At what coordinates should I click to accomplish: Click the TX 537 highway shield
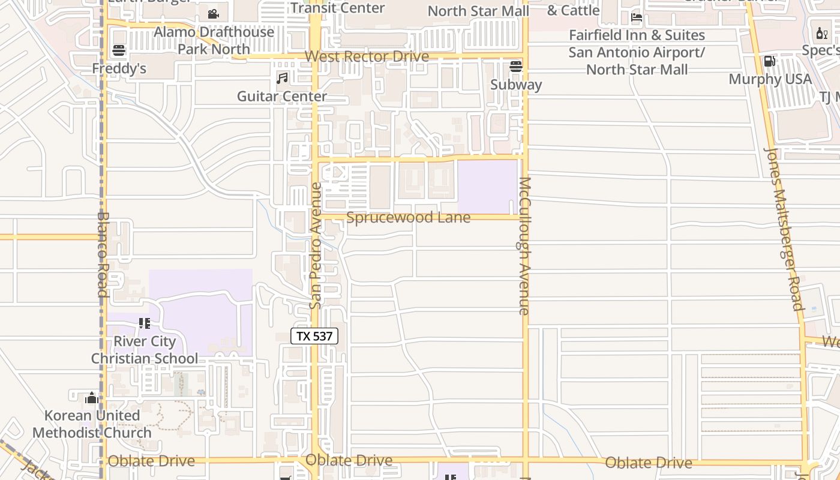[314, 336]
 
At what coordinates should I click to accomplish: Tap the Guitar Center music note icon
[282, 78]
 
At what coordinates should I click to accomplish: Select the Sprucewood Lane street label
[408, 217]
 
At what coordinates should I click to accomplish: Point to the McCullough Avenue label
[524, 246]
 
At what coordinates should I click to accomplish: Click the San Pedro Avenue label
[316, 246]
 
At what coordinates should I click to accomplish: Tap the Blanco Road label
[103, 254]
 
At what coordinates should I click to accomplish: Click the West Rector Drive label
[367, 56]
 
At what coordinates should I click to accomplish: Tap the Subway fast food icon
[516, 66]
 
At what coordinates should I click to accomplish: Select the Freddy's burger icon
[119, 50]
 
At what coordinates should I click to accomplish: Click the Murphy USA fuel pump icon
[769, 61]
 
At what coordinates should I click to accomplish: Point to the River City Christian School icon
[144, 324]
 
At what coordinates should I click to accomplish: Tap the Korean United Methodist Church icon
[92, 398]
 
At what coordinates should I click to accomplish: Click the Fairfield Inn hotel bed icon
[637, 17]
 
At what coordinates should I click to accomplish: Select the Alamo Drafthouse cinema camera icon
[213, 14]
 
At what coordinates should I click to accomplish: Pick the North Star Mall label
[478, 11]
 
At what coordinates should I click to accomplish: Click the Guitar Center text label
[282, 96]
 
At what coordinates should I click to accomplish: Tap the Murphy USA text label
[770, 79]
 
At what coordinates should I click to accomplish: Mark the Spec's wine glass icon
[821, 33]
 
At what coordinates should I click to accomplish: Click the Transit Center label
[337, 8]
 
